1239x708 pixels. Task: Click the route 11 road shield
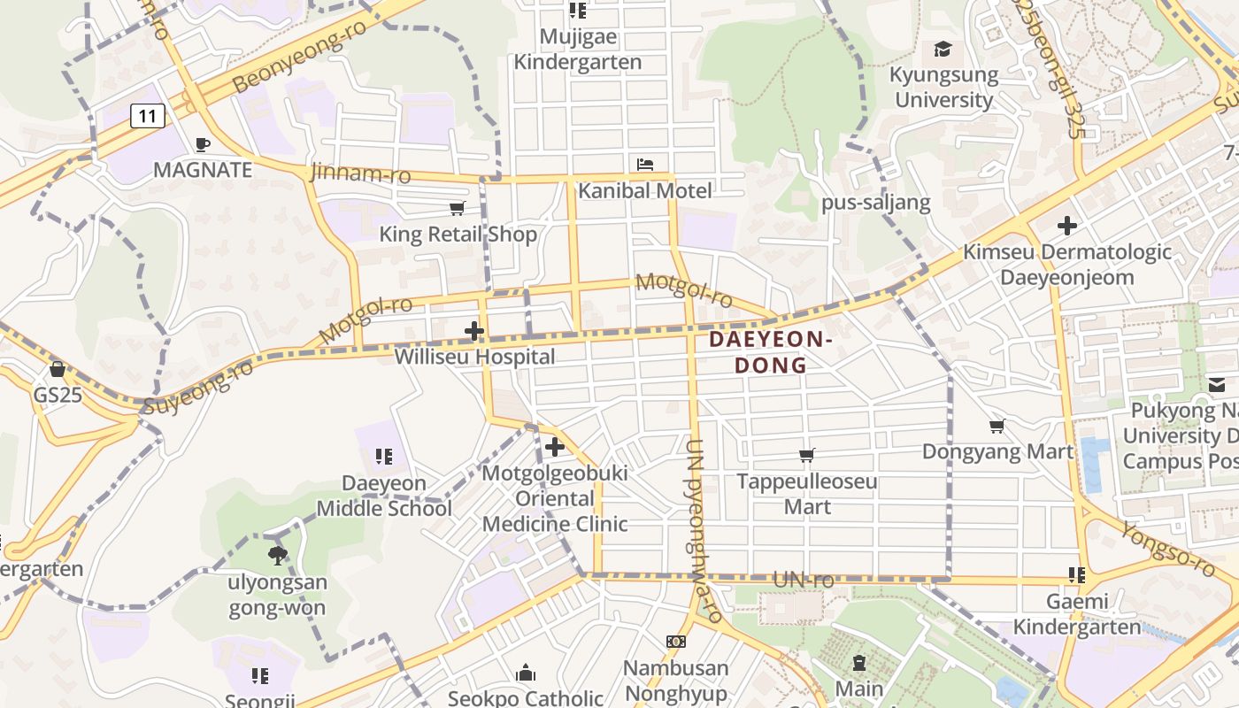coord(148,115)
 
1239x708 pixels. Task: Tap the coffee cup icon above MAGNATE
coord(203,144)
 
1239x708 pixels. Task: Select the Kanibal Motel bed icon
coord(645,165)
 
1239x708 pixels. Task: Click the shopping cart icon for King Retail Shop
coord(458,209)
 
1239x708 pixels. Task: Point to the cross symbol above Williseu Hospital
coord(474,332)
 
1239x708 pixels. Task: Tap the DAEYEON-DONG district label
coord(771,352)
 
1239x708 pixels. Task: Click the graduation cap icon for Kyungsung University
coord(943,50)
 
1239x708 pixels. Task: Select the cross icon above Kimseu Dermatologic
coord(1067,226)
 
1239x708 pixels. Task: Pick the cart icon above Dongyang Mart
coord(997,427)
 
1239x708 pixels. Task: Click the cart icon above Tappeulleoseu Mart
coord(806,456)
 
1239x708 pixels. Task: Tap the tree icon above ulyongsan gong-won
coord(278,556)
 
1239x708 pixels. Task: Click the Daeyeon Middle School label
coord(384,496)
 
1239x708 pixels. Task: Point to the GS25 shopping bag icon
coord(58,369)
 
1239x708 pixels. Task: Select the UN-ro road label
coord(804,581)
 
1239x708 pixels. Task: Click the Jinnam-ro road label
coord(360,173)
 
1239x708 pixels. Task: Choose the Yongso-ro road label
coord(1168,548)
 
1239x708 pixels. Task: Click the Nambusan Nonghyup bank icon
coord(676,642)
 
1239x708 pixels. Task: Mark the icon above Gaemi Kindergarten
coord(1077,575)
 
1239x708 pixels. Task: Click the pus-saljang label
coord(876,203)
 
